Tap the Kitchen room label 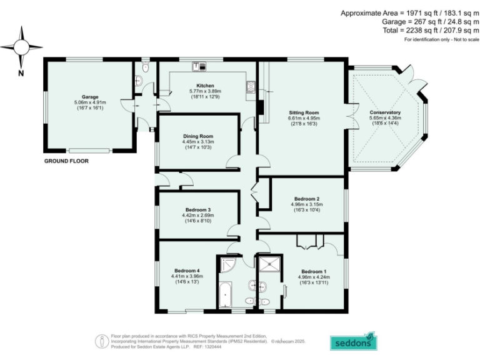(206, 86)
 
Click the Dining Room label (198, 136)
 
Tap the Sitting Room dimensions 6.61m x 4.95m (304, 117)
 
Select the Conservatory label (385, 112)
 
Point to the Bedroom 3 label (197, 209)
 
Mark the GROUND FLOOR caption (66, 161)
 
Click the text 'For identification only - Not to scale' (441, 39)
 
